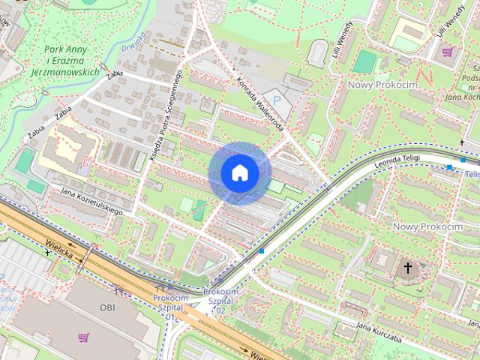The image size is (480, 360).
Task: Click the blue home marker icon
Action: pyautogui.click(x=240, y=172)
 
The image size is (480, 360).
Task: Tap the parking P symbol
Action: pyautogui.click(x=277, y=100)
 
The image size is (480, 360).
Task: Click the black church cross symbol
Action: pyautogui.click(x=408, y=268)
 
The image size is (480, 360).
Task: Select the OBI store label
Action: pyautogui.click(x=108, y=307)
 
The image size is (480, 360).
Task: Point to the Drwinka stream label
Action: pyautogui.click(x=133, y=42)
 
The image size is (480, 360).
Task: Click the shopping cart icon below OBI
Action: pyautogui.click(x=83, y=337)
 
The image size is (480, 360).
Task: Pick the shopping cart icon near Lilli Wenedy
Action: pyautogui.click(x=448, y=52)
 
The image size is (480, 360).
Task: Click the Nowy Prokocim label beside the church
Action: pyautogui.click(x=427, y=226)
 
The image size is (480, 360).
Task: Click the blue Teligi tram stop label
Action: pyautogui.click(x=472, y=174)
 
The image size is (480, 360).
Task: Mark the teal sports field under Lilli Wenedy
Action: pyautogui.click(x=364, y=61)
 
